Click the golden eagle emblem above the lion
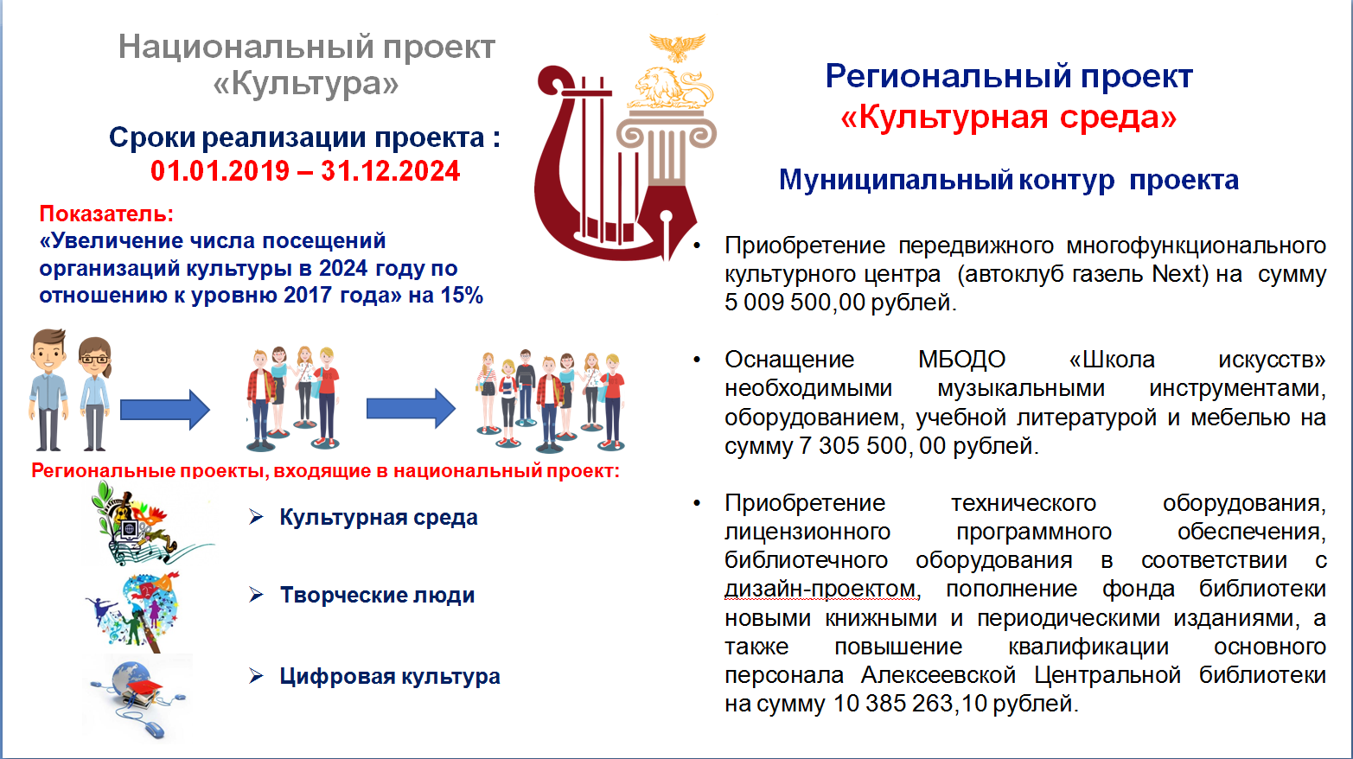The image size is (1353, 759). [677, 47]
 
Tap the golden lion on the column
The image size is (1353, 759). [671, 88]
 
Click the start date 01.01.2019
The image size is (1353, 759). [220, 171]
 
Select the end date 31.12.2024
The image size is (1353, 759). [390, 171]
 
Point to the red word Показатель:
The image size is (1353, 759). [106, 214]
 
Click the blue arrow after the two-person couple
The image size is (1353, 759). [165, 410]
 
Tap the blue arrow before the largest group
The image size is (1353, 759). [411, 409]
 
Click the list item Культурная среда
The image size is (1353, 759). [379, 518]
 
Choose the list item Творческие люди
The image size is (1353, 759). [378, 596]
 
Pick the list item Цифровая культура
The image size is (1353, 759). [390, 676]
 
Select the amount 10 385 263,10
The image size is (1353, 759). [910, 704]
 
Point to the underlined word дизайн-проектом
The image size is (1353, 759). [820, 589]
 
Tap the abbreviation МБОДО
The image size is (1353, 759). [961, 360]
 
